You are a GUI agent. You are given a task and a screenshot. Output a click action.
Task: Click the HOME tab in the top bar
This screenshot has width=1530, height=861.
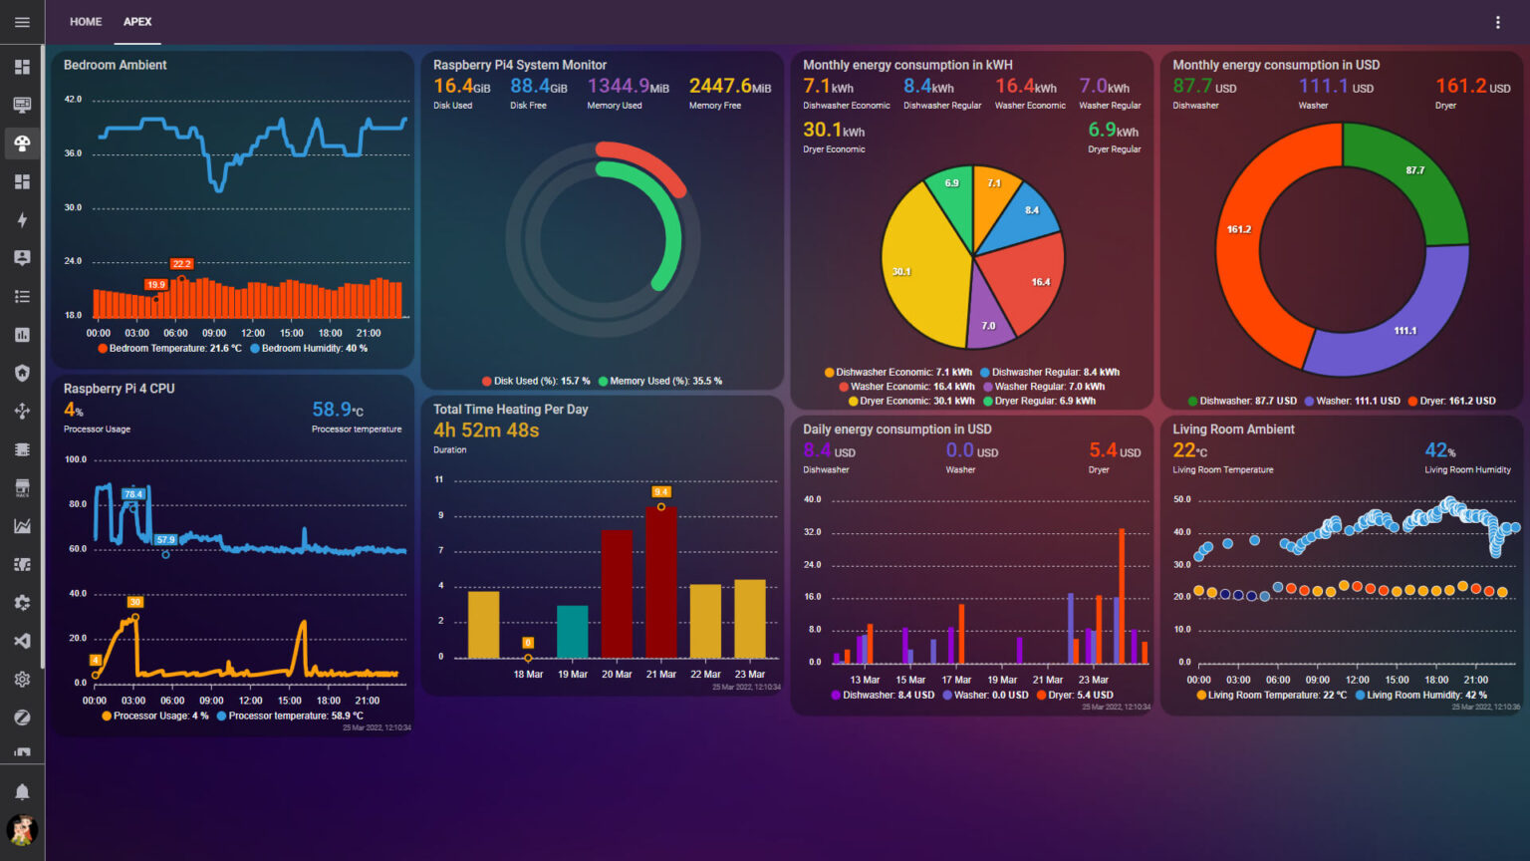[x=86, y=22]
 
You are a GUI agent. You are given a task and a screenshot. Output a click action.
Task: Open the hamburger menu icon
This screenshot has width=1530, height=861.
[x=22, y=22]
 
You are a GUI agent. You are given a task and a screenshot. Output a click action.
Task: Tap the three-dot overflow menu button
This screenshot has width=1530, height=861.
[x=1497, y=22]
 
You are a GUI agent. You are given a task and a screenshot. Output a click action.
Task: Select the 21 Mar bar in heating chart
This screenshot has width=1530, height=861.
[x=661, y=582]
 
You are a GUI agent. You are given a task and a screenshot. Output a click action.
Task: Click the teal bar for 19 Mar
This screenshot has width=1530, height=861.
[x=572, y=631]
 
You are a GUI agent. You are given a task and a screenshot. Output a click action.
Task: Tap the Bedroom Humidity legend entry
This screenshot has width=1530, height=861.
[x=310, y=349]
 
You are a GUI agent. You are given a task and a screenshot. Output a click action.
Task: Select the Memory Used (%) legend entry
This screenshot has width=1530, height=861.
[x=660, y=381]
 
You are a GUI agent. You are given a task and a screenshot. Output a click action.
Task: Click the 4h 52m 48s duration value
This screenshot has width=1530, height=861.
[x=486, y=430]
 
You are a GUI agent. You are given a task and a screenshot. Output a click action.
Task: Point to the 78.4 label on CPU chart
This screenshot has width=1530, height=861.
[x=132, y=494]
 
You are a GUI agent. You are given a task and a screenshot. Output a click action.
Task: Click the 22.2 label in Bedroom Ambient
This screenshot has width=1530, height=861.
[x=181, y=264]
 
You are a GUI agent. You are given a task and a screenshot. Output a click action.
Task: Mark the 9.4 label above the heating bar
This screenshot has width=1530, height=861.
[x=660, y=491]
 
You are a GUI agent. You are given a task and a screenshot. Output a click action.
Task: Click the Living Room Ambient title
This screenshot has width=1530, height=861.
[x=1233, y=430]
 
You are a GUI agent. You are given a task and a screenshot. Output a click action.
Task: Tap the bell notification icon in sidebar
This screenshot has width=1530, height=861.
[x=22, y=791]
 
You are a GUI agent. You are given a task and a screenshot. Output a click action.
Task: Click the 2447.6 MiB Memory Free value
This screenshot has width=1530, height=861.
[x=729, y=87]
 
